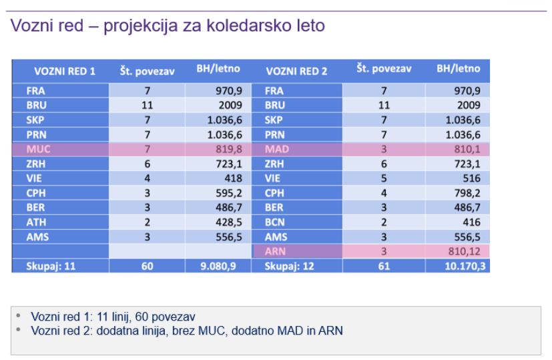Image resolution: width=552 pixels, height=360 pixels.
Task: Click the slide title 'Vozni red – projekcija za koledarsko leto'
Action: coord(167,27)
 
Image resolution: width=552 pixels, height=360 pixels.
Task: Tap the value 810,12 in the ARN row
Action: coord(467,252)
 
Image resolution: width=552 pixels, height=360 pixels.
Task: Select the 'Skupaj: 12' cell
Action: coord(288,267)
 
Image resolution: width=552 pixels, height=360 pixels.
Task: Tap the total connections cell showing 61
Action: coord(383,267)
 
